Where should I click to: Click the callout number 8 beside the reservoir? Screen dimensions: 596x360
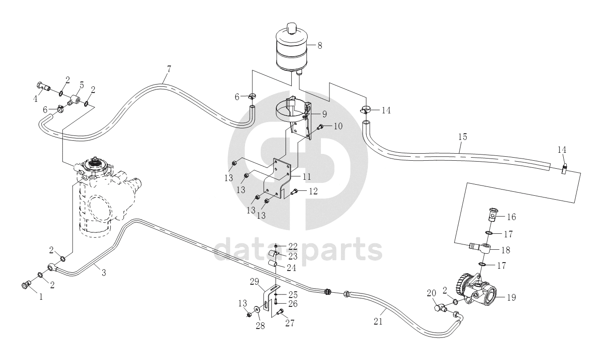tap(320, 46)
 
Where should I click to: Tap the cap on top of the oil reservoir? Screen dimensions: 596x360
tap(291, 28)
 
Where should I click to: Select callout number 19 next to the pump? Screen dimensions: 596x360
tap(511, 297)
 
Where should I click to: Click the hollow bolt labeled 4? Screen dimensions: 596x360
tap(43, 86)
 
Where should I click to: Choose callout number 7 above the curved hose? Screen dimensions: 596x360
tap(169, 69)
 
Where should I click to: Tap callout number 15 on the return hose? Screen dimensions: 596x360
tap(463, 137)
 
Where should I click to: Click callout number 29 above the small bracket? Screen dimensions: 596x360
tap(254, 282)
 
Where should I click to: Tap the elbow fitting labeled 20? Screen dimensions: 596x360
tap(441, 308)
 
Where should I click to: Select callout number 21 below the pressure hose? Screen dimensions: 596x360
tap(378, 321)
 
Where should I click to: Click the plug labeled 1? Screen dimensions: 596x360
tap(25, 285)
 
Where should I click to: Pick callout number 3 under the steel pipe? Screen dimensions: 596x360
tap(104, 272)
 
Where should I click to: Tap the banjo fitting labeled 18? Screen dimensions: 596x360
tap(481, 248)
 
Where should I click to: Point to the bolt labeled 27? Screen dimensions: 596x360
tap(280, 311)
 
